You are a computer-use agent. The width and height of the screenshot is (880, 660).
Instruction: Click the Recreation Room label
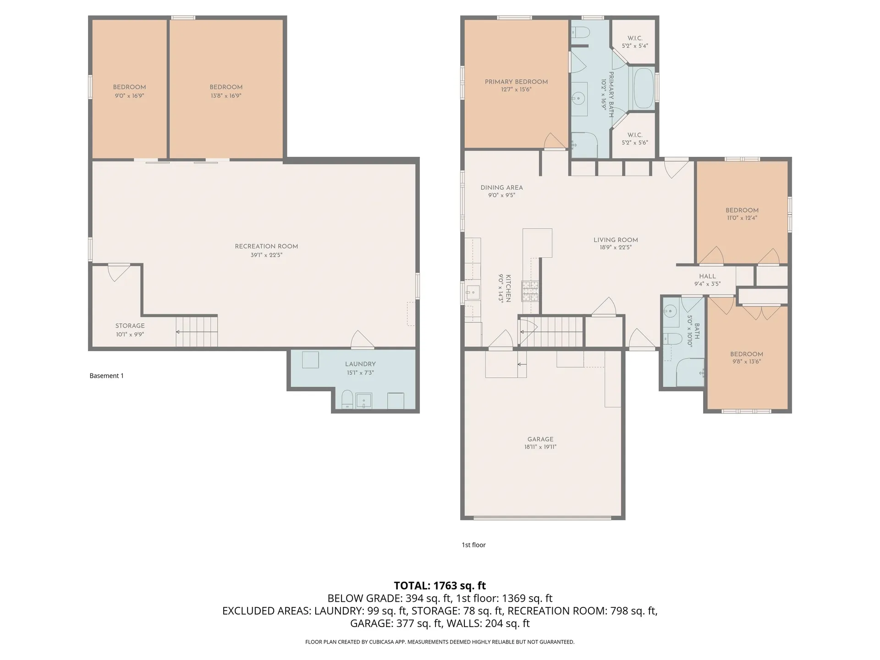coord(266,247)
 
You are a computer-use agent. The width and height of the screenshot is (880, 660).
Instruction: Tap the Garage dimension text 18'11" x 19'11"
coord(540,447)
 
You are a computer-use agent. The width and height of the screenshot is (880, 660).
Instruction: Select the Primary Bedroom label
coord(516,82)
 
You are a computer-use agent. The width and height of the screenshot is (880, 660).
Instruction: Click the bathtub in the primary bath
coord(643,88)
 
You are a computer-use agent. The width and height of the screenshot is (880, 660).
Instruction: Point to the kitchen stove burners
coord(530,291)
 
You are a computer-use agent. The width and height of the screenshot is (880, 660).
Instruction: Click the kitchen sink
coord(473,291)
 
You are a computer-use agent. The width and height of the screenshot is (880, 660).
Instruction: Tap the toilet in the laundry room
coord(347,399)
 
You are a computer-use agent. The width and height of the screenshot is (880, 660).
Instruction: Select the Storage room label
coord(130,326)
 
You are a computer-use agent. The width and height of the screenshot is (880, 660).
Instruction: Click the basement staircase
coord(197,331)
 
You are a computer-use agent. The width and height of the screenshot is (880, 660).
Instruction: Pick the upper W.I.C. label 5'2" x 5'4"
coord(635,42)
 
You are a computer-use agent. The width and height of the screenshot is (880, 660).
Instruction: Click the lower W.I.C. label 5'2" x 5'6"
coord(635,138)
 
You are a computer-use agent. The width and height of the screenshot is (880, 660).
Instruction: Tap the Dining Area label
coord(501,187)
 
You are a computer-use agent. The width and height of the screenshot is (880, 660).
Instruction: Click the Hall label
coord(707,276)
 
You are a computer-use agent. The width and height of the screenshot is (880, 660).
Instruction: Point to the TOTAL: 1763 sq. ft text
coord(440,585)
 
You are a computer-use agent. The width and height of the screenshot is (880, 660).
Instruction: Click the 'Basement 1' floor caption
coord(106,376)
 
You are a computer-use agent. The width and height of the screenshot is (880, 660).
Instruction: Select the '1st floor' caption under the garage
coord(473,545)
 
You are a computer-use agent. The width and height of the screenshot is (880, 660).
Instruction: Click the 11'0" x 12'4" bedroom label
coord(742,214)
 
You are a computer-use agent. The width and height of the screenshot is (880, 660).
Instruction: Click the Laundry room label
coord(360,364)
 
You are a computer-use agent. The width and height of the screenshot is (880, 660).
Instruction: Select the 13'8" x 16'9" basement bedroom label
coord(226,91)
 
